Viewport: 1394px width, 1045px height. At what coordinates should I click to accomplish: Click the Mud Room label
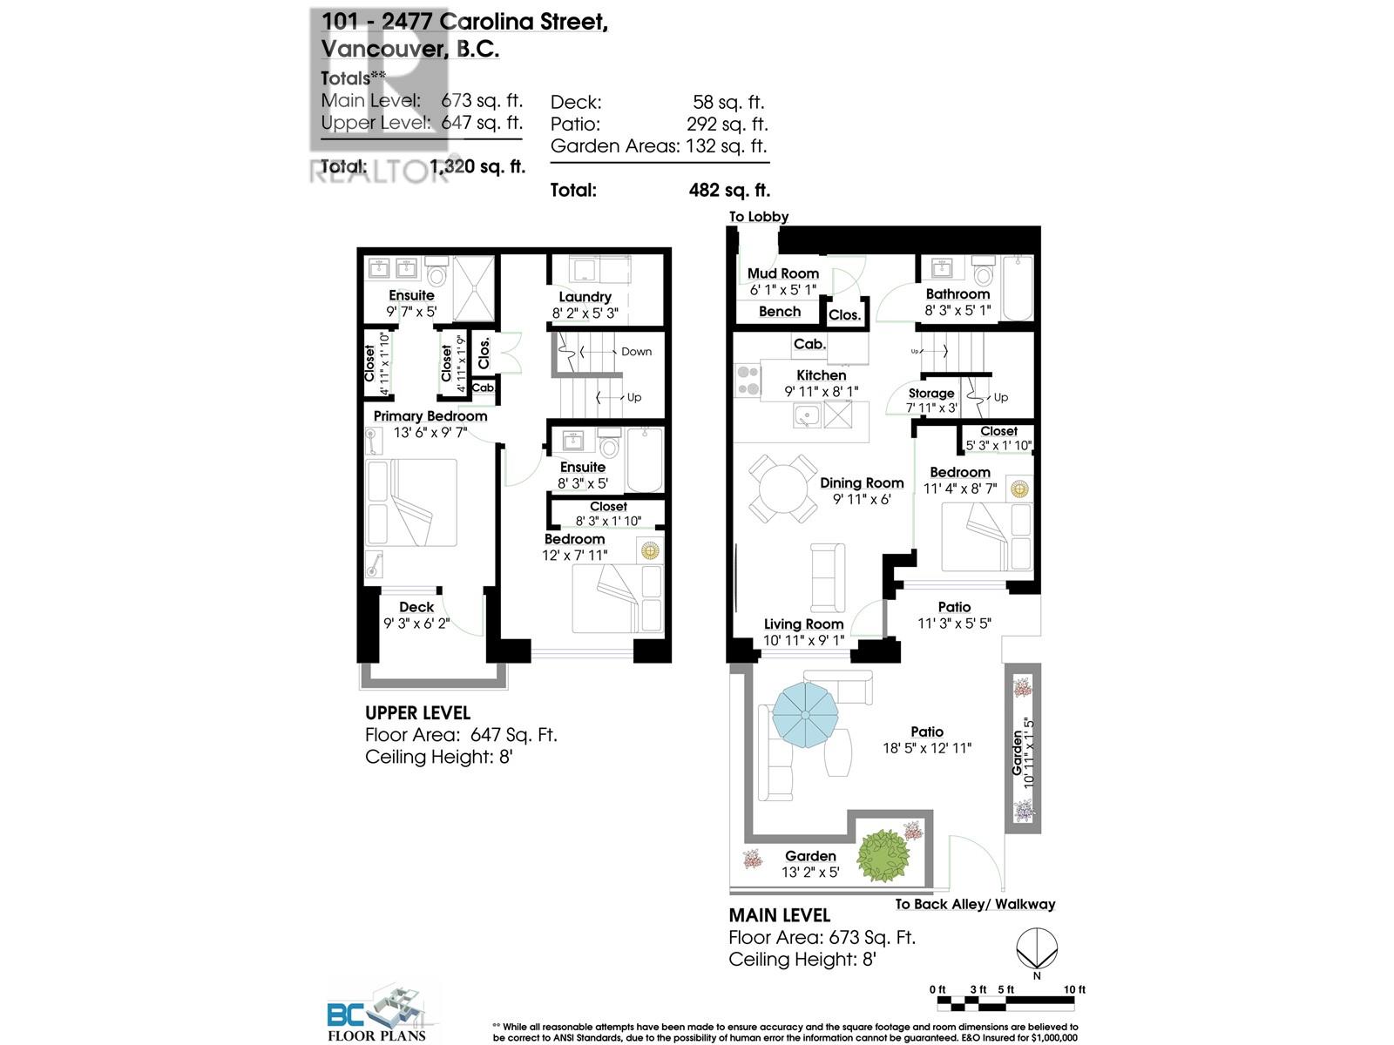(x=782, y=273)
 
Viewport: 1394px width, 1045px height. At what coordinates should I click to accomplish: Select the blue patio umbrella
(x=804, y=714)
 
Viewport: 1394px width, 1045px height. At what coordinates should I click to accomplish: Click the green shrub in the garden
(x=883, y=855)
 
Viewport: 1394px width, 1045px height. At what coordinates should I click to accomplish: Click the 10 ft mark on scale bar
(x=1074, y=990)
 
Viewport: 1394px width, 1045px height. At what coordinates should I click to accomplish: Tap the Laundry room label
(x=585, y=297)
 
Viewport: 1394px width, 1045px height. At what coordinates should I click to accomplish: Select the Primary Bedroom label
(x=430, y=416)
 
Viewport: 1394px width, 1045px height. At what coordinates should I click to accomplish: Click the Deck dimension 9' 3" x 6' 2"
(x=416, y=623)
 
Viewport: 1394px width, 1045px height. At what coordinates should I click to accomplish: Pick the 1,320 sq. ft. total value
(x=477, y=166)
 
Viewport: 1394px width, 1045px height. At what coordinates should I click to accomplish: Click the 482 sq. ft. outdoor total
(x=729, y=190)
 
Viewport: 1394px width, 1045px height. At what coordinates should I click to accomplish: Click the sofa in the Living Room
(x=827, y=576)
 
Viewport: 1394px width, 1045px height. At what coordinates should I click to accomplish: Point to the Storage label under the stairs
(x=930, y=394)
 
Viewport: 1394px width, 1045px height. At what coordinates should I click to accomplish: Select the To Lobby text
(x=758, y=217)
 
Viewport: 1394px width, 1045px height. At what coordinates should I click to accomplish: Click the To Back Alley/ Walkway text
(x=974, y=904)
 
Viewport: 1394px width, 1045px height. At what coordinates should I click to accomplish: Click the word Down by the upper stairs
(x=636, y=352)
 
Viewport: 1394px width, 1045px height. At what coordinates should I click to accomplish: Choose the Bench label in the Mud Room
(x=779, y=311)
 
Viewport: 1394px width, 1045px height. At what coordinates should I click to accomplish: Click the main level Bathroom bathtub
(x=1017, y=288)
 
